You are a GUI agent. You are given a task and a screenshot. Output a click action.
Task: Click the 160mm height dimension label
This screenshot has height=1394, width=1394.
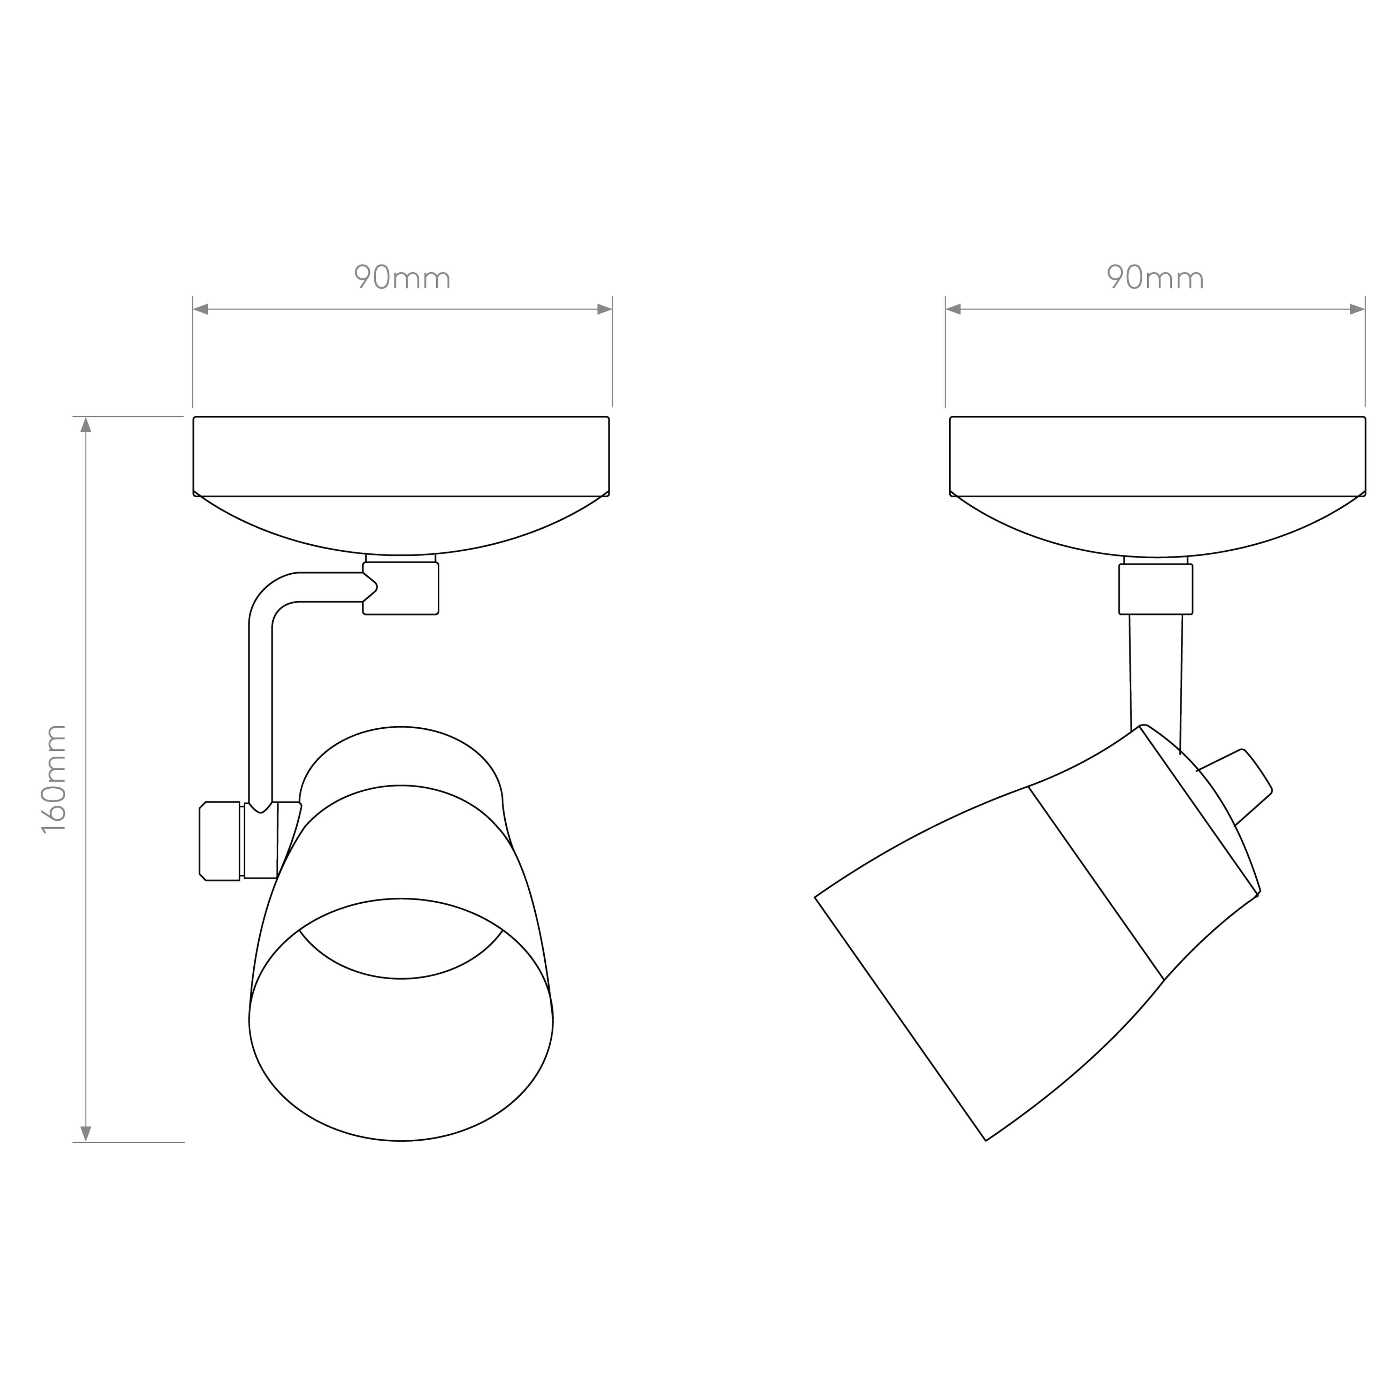coord(54,779)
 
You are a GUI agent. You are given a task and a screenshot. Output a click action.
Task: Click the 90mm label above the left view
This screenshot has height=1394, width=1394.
coord(402,277)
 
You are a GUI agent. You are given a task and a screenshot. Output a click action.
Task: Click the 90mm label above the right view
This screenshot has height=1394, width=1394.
coord(1155,277)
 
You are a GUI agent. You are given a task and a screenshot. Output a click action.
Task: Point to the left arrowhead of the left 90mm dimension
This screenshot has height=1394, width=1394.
coord(201,309)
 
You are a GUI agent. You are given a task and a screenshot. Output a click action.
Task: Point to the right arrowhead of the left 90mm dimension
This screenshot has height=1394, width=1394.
coord(605,309)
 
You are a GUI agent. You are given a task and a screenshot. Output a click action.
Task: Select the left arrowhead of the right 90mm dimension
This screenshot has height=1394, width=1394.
coord(953,309)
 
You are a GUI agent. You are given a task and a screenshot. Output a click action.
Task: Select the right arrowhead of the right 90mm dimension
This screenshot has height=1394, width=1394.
coord(1357,309)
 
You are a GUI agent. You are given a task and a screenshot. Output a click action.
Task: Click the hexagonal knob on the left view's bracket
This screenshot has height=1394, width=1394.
coord(219,841)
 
